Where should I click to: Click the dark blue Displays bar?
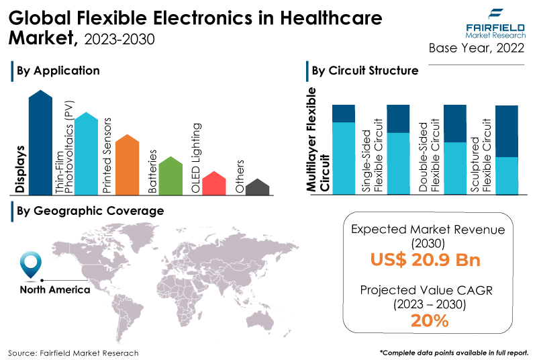click(40, 143)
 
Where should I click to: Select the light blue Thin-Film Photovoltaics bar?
click(86, 154)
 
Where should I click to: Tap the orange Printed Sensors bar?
click(128, 165)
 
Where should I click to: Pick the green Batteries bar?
click(170, 176)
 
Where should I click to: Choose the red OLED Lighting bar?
click(214, 183)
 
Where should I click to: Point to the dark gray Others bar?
click(258, 187)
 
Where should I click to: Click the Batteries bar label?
click(152, 171)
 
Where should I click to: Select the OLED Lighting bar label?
click(195, 158)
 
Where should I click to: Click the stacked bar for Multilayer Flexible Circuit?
click(344, 150)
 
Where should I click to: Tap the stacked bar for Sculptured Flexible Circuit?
click(507, 150)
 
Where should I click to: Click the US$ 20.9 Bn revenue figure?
click(426, 260)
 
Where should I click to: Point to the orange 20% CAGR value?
click(430, 321)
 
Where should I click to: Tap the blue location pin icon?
click(31, 265)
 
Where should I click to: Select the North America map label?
click(55, 289)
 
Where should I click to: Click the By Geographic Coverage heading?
click(91, 211)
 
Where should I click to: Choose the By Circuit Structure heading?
click(365, 71)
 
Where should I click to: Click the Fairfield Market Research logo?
click(495, 24)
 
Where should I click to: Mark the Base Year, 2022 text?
click(477, 48)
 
